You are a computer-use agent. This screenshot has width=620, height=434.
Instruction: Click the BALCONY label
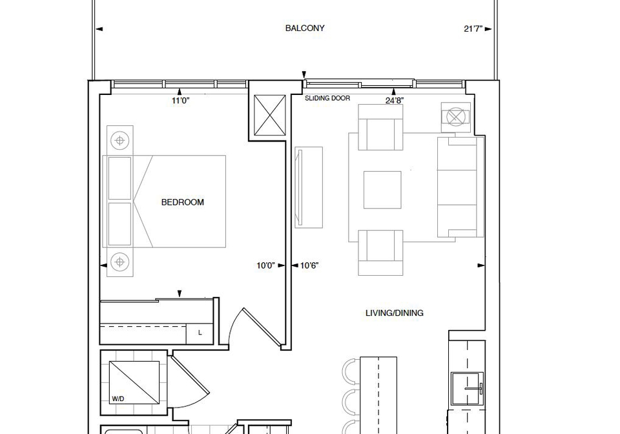click(305, 28)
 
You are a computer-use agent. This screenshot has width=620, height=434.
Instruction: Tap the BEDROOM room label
click(183, 202)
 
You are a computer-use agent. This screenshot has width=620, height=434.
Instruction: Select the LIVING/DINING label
click(394, 313)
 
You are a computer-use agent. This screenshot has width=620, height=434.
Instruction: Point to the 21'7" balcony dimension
click(473, 29)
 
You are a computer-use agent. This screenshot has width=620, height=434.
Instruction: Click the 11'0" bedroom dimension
click(181, 101)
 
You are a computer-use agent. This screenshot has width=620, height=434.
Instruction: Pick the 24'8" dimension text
click(395, 100)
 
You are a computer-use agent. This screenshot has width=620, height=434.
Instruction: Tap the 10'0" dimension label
click(265, 265)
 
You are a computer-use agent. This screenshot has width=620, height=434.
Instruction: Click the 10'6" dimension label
click(309, 265)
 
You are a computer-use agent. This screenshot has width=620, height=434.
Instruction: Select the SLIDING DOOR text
click(327, 98)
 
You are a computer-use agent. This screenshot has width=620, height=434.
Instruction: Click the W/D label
click(118, 399)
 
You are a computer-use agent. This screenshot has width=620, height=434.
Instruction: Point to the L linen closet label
click(200, 333)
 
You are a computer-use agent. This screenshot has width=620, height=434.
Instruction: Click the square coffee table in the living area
click(382, 190)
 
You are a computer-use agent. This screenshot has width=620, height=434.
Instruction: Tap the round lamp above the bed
click(120, 140)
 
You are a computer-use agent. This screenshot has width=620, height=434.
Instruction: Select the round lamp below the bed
click(120, 262)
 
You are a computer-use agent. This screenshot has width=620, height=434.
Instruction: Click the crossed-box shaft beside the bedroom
click(269, 116)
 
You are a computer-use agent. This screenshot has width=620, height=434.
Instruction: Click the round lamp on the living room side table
click(455, 117)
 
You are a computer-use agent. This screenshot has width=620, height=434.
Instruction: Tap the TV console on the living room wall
click(309, 187)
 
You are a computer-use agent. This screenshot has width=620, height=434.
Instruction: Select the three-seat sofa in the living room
click(460, 187)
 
